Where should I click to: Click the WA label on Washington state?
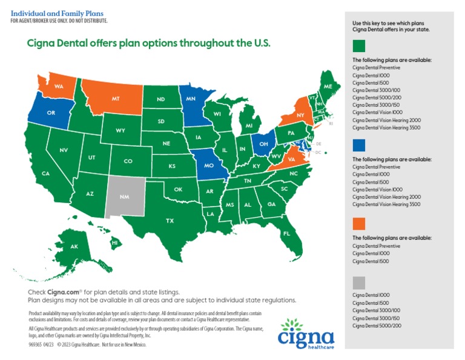(x=59, y=87)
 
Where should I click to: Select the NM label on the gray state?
(x=124, y=197)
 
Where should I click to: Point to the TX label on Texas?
(x=170, y=221)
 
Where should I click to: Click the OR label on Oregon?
(x=51, y=113)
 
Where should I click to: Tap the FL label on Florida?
(x=287, y=233)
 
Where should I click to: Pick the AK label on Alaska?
(x=74, y=247)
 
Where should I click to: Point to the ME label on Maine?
(x=328, y=87)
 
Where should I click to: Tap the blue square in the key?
(x=359, y=144)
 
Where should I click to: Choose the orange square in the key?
(x=359, y=223)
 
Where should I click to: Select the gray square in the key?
(x=359, y=282)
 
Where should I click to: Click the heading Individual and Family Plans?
(x=58, y=13)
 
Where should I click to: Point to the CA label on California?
(x=45, y=173)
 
